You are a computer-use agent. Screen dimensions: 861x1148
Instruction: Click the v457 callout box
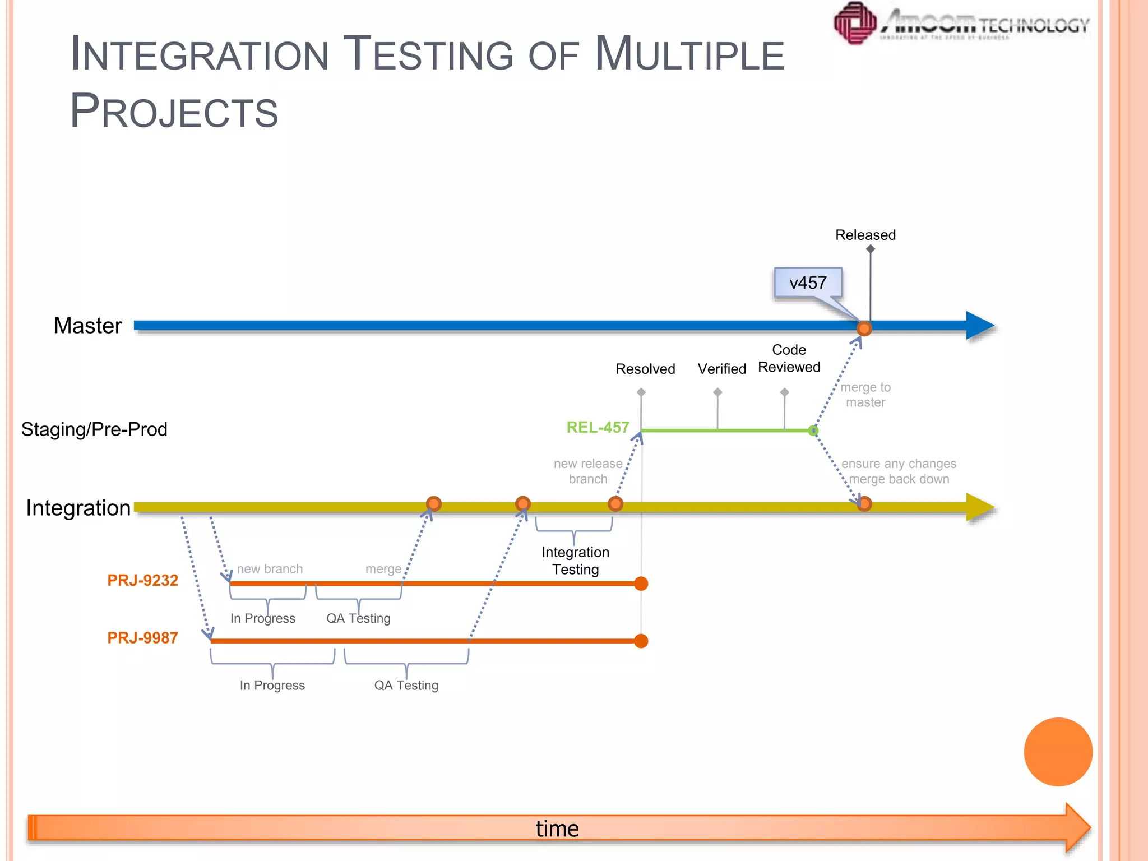click(x=808, y=283)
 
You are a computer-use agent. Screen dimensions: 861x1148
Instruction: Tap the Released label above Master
click(x=865, y=235)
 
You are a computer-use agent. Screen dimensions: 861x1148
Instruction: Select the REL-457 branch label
click(x=598, y=428)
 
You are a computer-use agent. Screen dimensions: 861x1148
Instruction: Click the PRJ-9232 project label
click(x=142, y=580)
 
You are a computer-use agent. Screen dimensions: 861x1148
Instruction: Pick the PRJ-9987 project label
click(x=142, y=638)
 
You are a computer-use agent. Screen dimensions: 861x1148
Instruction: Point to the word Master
click(x=87, y=326)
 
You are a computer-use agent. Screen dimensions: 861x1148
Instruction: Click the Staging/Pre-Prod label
click(x=94, y=429)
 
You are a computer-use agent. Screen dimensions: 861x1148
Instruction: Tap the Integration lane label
click(x=78, y=508)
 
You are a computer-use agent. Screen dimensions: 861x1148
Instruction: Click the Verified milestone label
click(x=721, y=369)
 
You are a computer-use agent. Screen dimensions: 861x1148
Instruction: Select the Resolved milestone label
click(x=645, y=369)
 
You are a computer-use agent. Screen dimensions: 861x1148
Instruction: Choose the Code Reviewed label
click(x=789, y=359)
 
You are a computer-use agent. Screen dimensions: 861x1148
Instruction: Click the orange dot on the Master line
click(x=864, y=328)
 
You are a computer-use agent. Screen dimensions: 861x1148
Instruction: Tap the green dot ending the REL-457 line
click(x=813, y=430)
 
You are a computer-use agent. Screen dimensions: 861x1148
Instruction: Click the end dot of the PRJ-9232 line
click(x=641, y=584)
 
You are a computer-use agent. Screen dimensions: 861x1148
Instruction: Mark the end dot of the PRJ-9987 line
click(x=641, y=641)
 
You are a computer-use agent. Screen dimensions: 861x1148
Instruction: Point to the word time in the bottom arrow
click(x=557, y=828)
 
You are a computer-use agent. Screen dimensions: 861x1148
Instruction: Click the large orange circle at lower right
click(x=1058, y=752)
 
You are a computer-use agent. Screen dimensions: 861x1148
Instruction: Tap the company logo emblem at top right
click(x=855, y=23)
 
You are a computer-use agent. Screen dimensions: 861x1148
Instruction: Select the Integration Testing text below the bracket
click(x=575, y=561)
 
